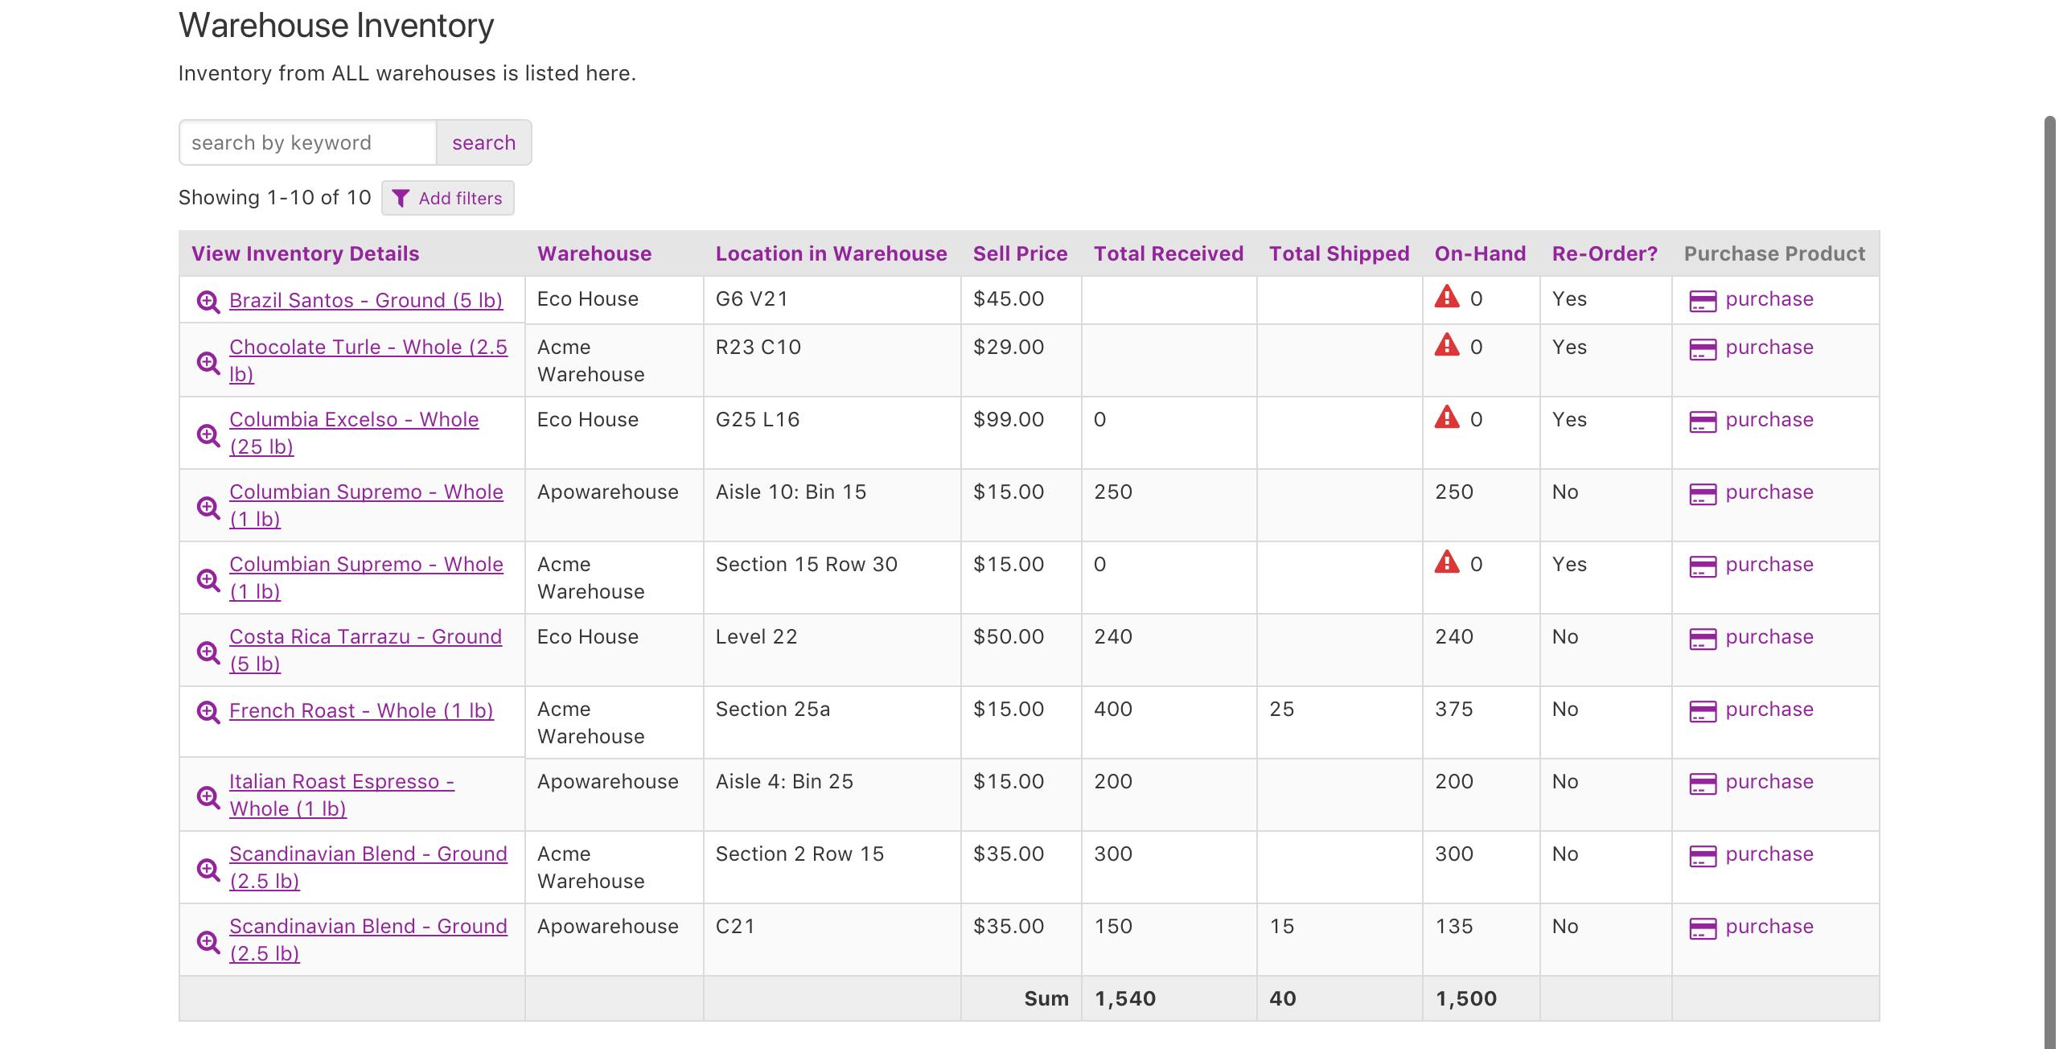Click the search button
pyautogui.click(x=483, y=142)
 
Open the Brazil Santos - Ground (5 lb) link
pyautogui.click(x=366, y=300)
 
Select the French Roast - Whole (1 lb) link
pyautogui.click(x=361, y=710)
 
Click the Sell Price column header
pyautogui.click(x=1020, y=253)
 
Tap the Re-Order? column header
pyautogui.click(x=1605, y=253)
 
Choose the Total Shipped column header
pyautogui.click(x=1339, y=253)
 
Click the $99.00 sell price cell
pyautogui.click(x=1009, y=419)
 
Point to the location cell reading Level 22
pyautogui.click(x=756, y=636)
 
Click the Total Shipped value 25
pyautogui.click(x=1282, y=709)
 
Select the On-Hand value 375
pyautogui.click(x=1454, y=709)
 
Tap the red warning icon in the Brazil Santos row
pyautogui.click(x=1447, y=297)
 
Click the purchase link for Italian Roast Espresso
pyautogui.click(x=1769, y=781)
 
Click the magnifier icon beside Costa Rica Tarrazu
pyautogui.click(x=208, y=652)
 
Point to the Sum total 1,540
pyautogui.click(x=1124, y=998)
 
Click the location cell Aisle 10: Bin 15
pyautogui.click(x=791, y=492)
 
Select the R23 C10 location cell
pyautogui.click(x=758, y=347)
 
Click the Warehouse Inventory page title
pyautogui.click(x=336, y=25)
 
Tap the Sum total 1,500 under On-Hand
pyautogui.click(x=1465, y=998)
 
